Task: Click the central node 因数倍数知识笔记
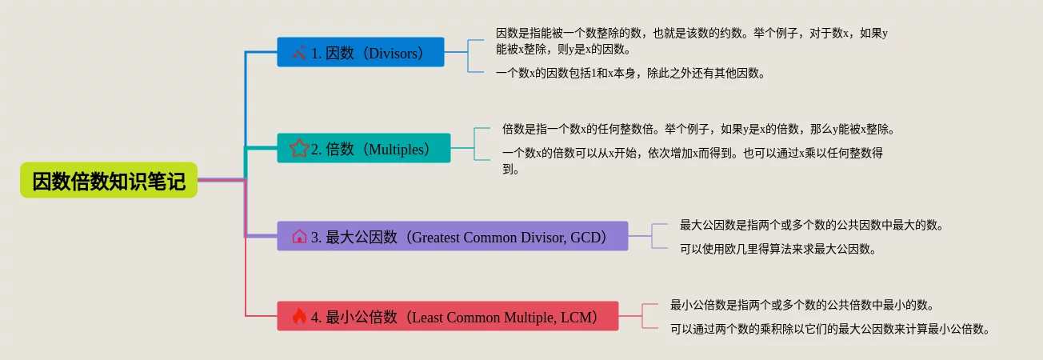(109, 180)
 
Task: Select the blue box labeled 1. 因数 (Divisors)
(361, 52)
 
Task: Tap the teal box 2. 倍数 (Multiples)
(364, 148)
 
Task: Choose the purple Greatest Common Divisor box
(453, 236)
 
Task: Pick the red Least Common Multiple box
(447, 316)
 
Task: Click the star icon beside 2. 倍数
(299, 149)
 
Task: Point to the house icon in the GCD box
(299, 237)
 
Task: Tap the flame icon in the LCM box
(299, 316)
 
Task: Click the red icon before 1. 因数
(299, 53)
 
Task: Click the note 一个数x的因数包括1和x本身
(630, 73)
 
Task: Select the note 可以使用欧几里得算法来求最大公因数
(778, 249)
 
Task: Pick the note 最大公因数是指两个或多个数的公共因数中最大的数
(812, 225)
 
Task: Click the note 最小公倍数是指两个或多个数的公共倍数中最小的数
(802, 305)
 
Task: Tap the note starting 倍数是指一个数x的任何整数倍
(698, 129)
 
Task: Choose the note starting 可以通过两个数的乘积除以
(829, 330)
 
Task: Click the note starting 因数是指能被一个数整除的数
(692, 41)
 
